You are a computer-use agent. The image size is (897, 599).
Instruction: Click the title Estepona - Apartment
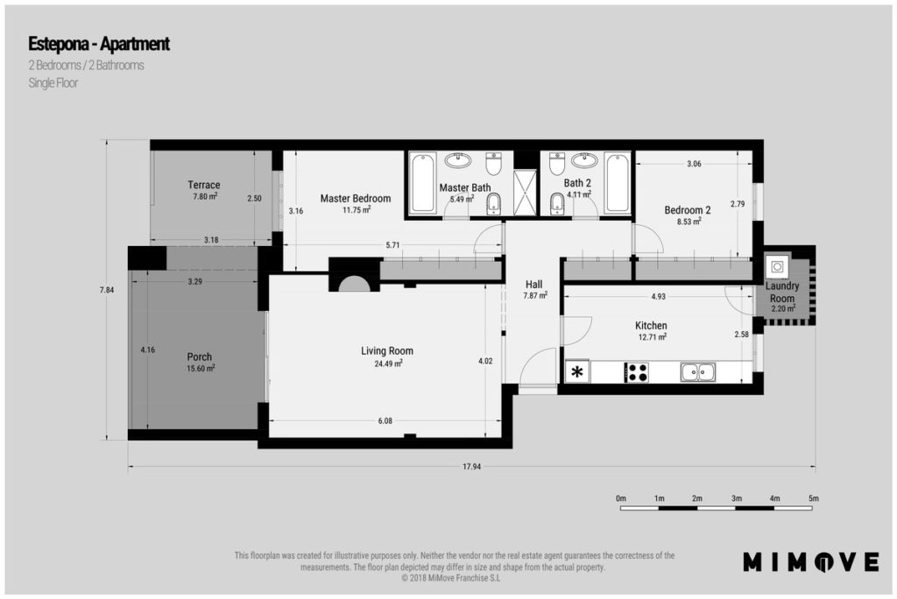99,44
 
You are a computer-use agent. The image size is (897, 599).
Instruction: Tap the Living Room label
386,350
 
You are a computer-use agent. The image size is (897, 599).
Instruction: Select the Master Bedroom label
356,199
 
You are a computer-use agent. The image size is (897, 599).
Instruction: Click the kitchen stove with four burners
636,372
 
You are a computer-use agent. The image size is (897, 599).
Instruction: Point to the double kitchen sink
698,372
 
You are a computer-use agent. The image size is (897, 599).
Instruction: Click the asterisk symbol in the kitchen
578,372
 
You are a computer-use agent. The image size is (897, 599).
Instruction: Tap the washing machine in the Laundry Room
776,266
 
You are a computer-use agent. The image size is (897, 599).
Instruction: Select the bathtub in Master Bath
423,182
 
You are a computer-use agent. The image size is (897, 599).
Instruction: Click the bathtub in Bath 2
618,182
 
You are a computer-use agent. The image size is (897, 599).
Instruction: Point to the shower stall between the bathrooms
526,193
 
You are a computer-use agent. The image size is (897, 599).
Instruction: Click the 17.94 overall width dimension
471,467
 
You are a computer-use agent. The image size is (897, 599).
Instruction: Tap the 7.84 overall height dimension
106,290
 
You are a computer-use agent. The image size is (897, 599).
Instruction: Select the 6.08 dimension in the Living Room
385,421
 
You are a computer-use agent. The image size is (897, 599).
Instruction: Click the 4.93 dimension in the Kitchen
659,296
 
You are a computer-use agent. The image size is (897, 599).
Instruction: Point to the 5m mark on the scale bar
814,498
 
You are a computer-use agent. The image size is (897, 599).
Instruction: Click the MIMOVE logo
810,562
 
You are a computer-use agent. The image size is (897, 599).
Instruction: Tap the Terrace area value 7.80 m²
205,196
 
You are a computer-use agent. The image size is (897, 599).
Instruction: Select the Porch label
199,357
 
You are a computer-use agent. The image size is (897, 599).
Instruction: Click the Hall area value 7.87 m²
535,296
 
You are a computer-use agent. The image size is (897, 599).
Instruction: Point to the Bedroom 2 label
688,210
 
